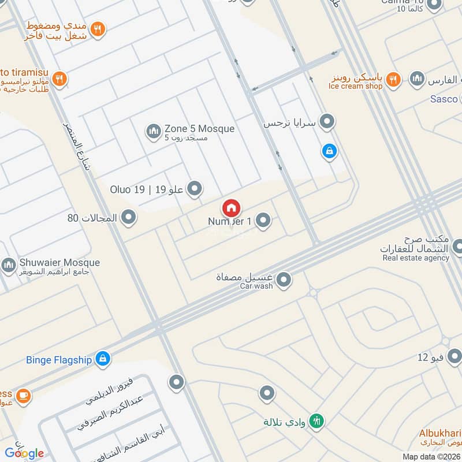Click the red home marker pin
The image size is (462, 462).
click(x=231, y=208)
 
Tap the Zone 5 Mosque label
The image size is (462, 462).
click(x=199, y=129)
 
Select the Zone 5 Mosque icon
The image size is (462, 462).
click(x=153, y=132)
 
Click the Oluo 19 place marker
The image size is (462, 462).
click(x=195, y=188)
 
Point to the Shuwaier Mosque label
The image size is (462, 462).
click(x=59, y=263)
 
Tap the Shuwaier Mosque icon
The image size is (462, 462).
click(x=8, y=266)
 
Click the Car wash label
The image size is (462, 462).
click(x=256, y=286)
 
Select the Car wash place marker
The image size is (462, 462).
click(x=284, y=281)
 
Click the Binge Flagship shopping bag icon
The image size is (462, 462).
click(x=102, y=359)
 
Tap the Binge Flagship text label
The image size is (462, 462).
click(x=59, y=360)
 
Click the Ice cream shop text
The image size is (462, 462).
click(x=355, y=86)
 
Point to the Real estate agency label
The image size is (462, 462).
click(x=415, y=258)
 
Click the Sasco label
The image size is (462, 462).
click(x=444, y=99)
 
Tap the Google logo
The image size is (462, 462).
click(x=24, y=453)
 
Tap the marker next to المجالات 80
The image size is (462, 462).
click(x=129, y=218)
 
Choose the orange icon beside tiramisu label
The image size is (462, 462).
click(x=59, y=79)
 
